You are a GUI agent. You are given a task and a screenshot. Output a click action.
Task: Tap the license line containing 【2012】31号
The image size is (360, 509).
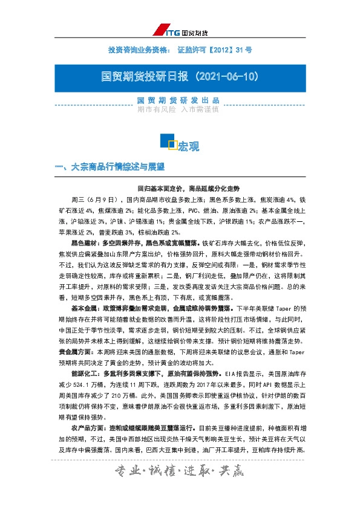coord(180,51)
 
